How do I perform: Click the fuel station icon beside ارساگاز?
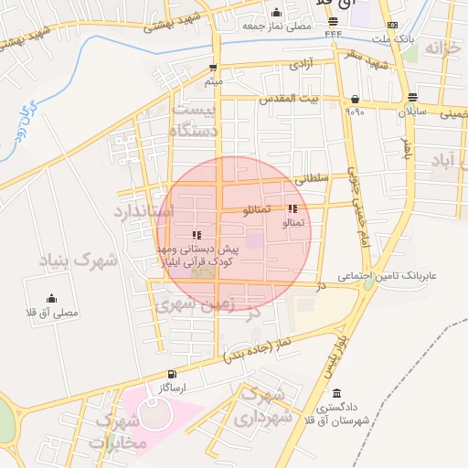[172, 375]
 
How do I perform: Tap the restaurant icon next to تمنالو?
[292, 209]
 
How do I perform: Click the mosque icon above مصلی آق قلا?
[51, 298]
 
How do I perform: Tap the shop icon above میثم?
[213, 68]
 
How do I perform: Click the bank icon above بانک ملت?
[393, 26]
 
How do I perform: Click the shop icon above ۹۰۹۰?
[354, 99]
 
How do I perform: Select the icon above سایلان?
[413, 96]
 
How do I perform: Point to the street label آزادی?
[300, 66]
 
